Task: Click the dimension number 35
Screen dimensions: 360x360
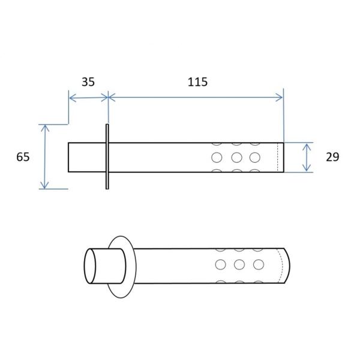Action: click(88, 82)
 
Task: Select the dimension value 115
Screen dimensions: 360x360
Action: click(197, 82)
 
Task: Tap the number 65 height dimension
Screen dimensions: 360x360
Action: click(23, 157)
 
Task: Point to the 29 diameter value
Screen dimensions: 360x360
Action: click(332, 157)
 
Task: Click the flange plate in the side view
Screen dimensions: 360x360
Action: click(107, 157)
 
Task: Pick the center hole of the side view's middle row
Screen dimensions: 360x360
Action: click(237, 157)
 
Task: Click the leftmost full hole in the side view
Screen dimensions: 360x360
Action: click(217, 157)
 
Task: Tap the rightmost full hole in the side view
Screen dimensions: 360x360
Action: click(255, 157)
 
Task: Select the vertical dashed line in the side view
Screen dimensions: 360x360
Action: click(278, 157)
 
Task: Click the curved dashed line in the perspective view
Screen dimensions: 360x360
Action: click(282, 266)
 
